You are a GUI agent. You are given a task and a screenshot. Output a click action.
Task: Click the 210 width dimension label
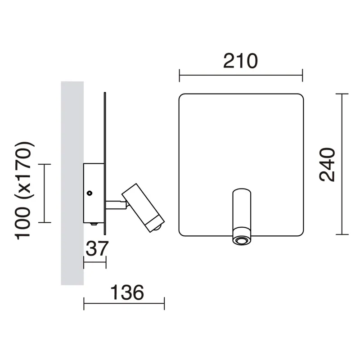pyautogui.click(x=240, y=61)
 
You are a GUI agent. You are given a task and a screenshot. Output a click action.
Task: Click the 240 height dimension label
pyautogui.click(x=328, y=165)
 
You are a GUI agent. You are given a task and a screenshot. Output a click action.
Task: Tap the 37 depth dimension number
pyautogui.click(x=97, y=248)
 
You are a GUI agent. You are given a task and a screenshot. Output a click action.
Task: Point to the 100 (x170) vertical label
pyautogui.click(x=24, y=190)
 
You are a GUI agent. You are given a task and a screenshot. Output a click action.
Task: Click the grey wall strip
pyautogui.click(x=72, y=183)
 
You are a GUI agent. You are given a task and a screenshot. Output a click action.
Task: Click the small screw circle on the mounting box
pyautogui.click(x=90, y=193)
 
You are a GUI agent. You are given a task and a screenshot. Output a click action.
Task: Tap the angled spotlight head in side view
pyautogui.click(x=143, y=208)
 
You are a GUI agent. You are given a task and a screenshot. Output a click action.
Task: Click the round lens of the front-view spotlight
pyautogui.click(x=241, y=241)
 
